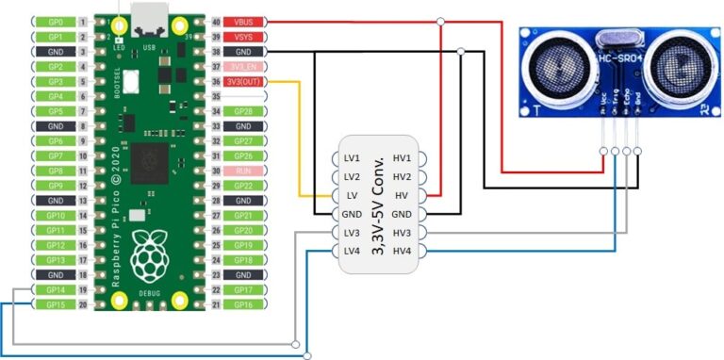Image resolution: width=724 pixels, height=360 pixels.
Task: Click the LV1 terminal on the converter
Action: (x=352, y=157)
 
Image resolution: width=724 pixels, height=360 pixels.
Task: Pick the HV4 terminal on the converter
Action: (x=402, y=251)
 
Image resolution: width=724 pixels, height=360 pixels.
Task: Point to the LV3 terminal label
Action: (x=352, y=233)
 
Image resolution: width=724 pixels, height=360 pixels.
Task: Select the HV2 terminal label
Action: (x=402, y=176)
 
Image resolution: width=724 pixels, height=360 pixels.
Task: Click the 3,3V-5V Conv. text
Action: (x=377, y=205)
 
